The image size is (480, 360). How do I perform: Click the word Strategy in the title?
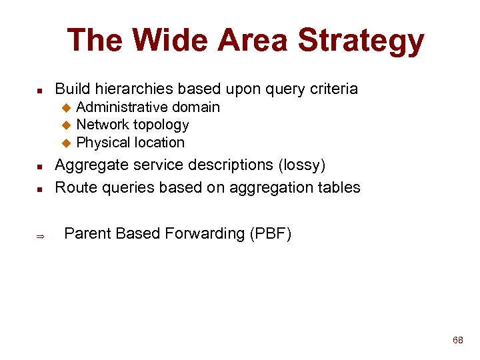coord(361,41)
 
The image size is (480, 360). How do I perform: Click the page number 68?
coord(457,340)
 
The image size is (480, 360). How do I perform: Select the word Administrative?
coord(122,107)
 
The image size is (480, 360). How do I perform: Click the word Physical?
coord(103,142)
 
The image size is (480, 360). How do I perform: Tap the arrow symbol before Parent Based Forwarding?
coord(39,235)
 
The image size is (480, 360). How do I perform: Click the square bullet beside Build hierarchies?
coord(39,90)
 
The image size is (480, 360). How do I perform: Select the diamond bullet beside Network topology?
coord(66,125)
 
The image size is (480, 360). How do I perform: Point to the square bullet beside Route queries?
coord(39,189)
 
